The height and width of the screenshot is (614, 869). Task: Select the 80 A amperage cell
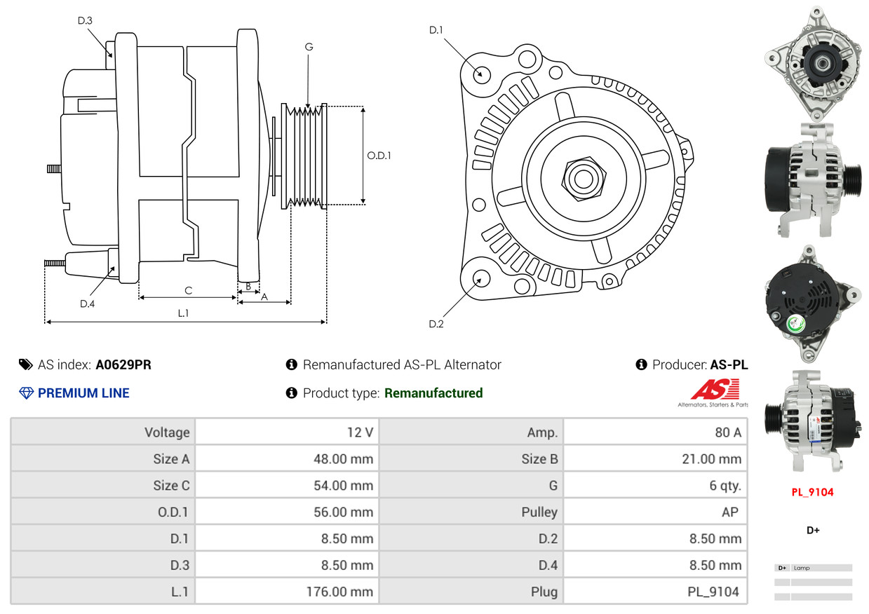point(727,432)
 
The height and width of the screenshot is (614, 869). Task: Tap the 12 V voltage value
point(360,432)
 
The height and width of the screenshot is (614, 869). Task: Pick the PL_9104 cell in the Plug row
point(713,592)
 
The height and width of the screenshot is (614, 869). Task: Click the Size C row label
point(171,485)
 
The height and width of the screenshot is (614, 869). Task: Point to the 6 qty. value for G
point(725,485)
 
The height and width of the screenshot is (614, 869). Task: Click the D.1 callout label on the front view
point(436,30)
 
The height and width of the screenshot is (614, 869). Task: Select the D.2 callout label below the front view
point(436,324)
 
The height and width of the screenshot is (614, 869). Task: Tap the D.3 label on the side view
point(85,20)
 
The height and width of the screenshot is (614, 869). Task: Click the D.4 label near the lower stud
point(87,303)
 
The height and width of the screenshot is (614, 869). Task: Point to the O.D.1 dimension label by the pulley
point(379,156)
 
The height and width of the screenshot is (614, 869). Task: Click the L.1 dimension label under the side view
point(183,313)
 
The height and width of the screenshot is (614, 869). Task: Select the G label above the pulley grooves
point(309,47)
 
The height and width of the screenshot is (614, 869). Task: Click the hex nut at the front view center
point(581,177)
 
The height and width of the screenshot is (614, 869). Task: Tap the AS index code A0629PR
point(123,364)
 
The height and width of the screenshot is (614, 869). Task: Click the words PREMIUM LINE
point(83,393)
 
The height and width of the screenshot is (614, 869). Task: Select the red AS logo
point(715,390)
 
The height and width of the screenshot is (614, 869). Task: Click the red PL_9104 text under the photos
point(812,492)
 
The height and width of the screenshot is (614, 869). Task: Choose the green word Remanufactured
point(433,393)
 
